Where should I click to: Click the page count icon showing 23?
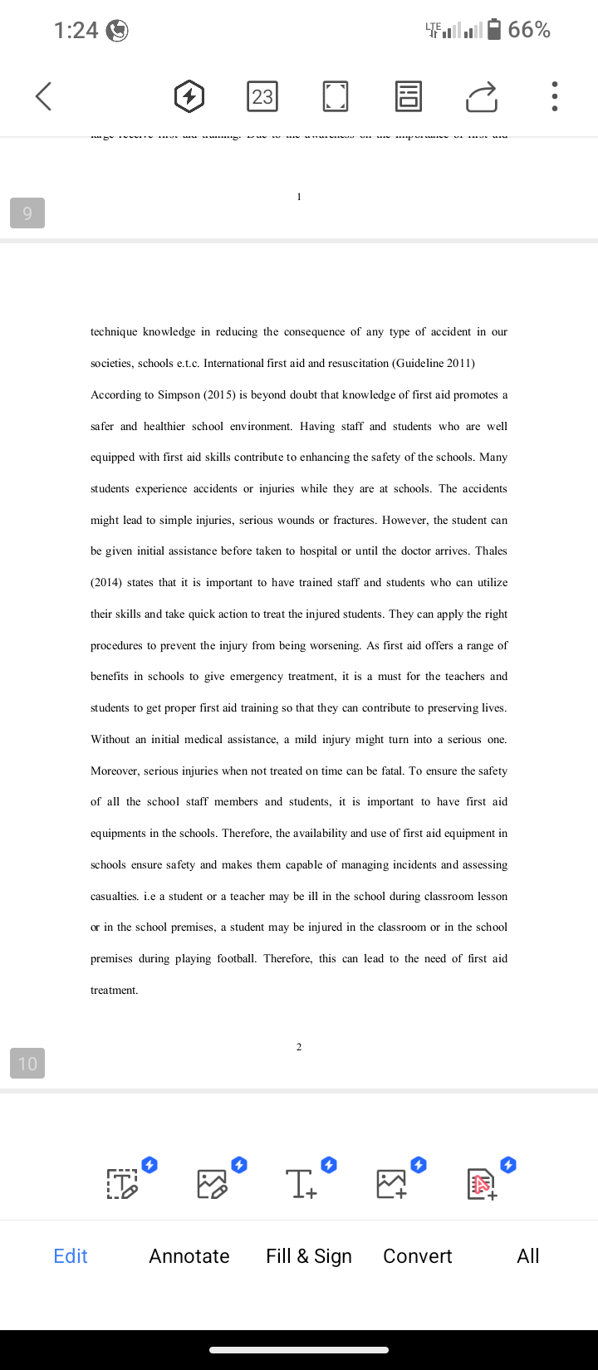[x=262, y=96]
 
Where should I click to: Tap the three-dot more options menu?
[x=554, y=96]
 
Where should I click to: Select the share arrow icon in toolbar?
[x=482, y=96]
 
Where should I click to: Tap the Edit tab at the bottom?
[x=71, y=1256]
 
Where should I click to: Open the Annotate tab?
[x=189, y=1256]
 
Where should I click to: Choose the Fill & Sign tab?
[x=309, y=1256]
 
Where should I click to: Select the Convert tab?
[x=418, y=1256]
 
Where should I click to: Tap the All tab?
[x=528, y=1256]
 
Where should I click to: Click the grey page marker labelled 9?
[x=27, y=213]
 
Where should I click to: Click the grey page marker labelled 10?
[x=27, y=1064]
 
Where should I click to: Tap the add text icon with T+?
[x=301, y=1183]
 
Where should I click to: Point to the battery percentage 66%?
[x=529, y=30]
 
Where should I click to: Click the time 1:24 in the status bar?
[x=76, y=31]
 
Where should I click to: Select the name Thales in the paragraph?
[x=490, y=551]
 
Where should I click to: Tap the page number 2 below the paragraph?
[x=299, y=1047]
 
